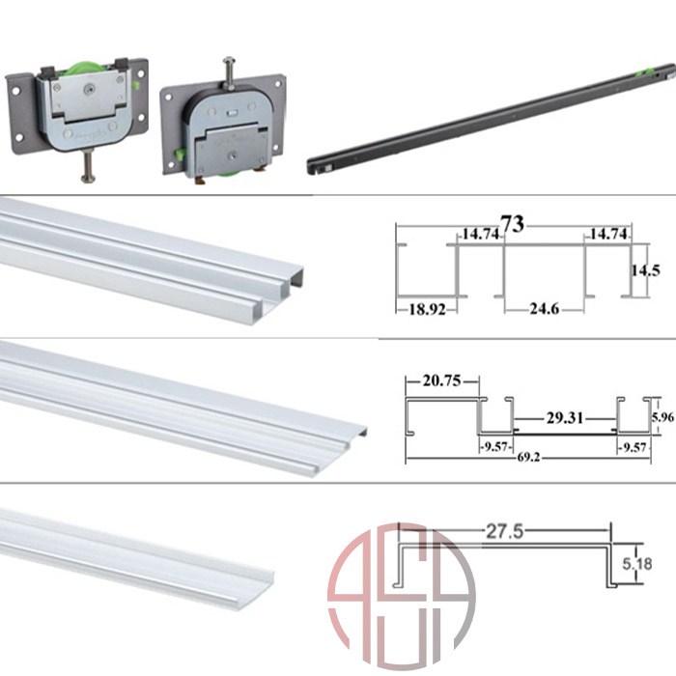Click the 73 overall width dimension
(513, 224)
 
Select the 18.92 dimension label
(427, 309)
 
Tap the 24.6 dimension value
(544, 309)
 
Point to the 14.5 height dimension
(646, 270)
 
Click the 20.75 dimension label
(441, 380)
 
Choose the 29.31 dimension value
(565, 418)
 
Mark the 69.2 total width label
(528, 457)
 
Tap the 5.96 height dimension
(662, 417)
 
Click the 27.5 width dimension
(504, 531)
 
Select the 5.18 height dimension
(637, 564)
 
